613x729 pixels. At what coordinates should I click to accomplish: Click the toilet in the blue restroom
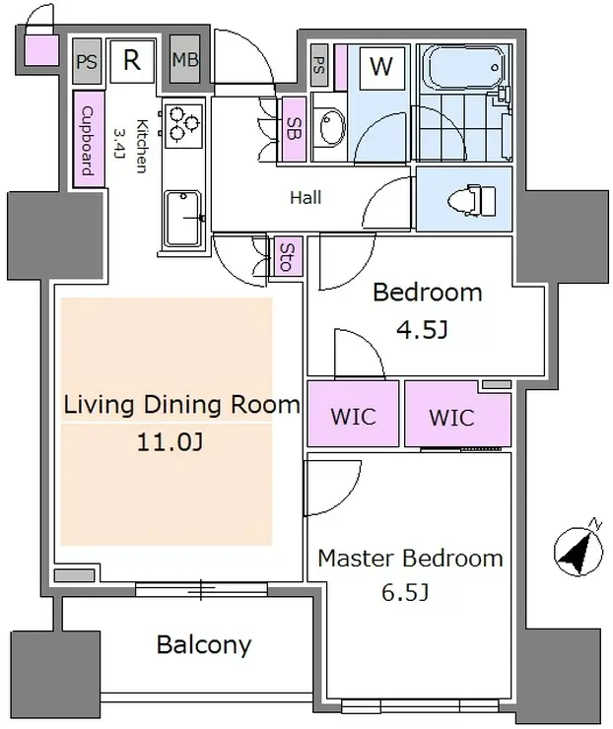pos(471,200)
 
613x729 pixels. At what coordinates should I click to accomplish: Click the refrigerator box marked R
pos(132,60)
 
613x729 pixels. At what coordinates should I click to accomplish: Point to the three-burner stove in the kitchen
pos(183,124)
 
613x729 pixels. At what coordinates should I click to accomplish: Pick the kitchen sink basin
pos(182,218)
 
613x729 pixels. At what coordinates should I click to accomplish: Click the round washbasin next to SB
pos(332,126)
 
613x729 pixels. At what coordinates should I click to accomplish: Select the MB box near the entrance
pos(185,59)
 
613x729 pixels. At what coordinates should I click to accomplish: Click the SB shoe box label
pos(294,129)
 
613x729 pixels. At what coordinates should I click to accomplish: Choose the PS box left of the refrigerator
pos(87,61)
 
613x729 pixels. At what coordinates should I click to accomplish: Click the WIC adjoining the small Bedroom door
pos(353,414)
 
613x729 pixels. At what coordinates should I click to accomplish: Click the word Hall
pos(306,198)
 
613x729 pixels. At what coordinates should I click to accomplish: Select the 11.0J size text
pos(170,442)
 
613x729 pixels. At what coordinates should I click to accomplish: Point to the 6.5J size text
pos(405,592)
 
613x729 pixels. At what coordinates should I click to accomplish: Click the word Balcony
pos(204,645)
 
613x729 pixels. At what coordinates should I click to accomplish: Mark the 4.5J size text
pos(422,330)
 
